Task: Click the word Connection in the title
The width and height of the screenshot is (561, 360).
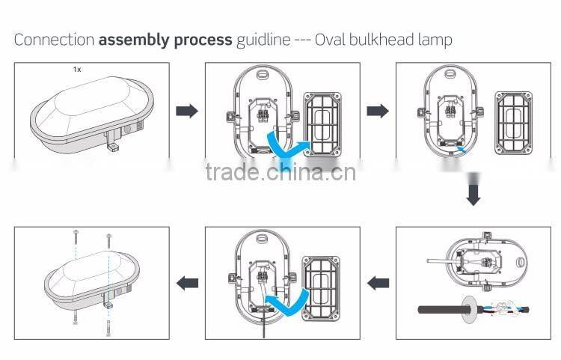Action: point(54,40)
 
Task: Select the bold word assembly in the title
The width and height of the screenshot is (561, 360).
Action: point(128,40)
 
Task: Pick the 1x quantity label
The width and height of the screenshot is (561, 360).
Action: point(76,69)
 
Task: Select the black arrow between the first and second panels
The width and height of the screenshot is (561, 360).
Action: point(186,111)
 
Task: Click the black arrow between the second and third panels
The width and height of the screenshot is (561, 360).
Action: point(378,111)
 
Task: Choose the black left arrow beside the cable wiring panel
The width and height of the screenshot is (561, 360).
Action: point(378,282)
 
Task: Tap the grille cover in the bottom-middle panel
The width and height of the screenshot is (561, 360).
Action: point(322,283)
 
